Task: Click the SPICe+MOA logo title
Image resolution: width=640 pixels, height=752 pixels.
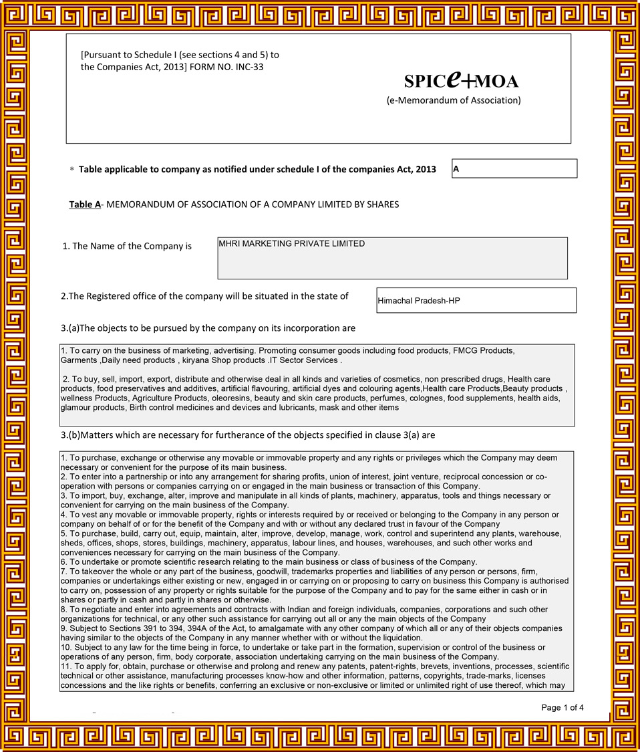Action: [461, 81]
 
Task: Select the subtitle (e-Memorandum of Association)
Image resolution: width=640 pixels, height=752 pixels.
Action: [454, 100]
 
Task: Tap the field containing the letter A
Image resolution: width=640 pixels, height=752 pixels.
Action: [514, 168]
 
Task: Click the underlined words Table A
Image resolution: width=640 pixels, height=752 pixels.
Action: [85, 205]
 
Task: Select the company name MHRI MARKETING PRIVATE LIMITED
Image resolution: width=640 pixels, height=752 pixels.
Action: [292, 244]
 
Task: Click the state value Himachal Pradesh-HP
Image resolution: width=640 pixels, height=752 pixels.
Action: [419, 301]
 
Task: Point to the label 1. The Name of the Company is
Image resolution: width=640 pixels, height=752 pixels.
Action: [127, 246]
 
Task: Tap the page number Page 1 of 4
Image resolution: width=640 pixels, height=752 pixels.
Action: [563, 707]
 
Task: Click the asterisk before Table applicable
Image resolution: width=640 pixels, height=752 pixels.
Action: [72, 170]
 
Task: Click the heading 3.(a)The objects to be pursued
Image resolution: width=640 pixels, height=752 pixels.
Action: [208, 328]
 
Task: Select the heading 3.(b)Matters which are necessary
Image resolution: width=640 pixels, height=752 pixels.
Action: [248, 435]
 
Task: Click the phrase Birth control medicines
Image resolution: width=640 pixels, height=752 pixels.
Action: [176, 407]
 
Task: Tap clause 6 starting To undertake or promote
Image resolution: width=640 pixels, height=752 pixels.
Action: [267, 561]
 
